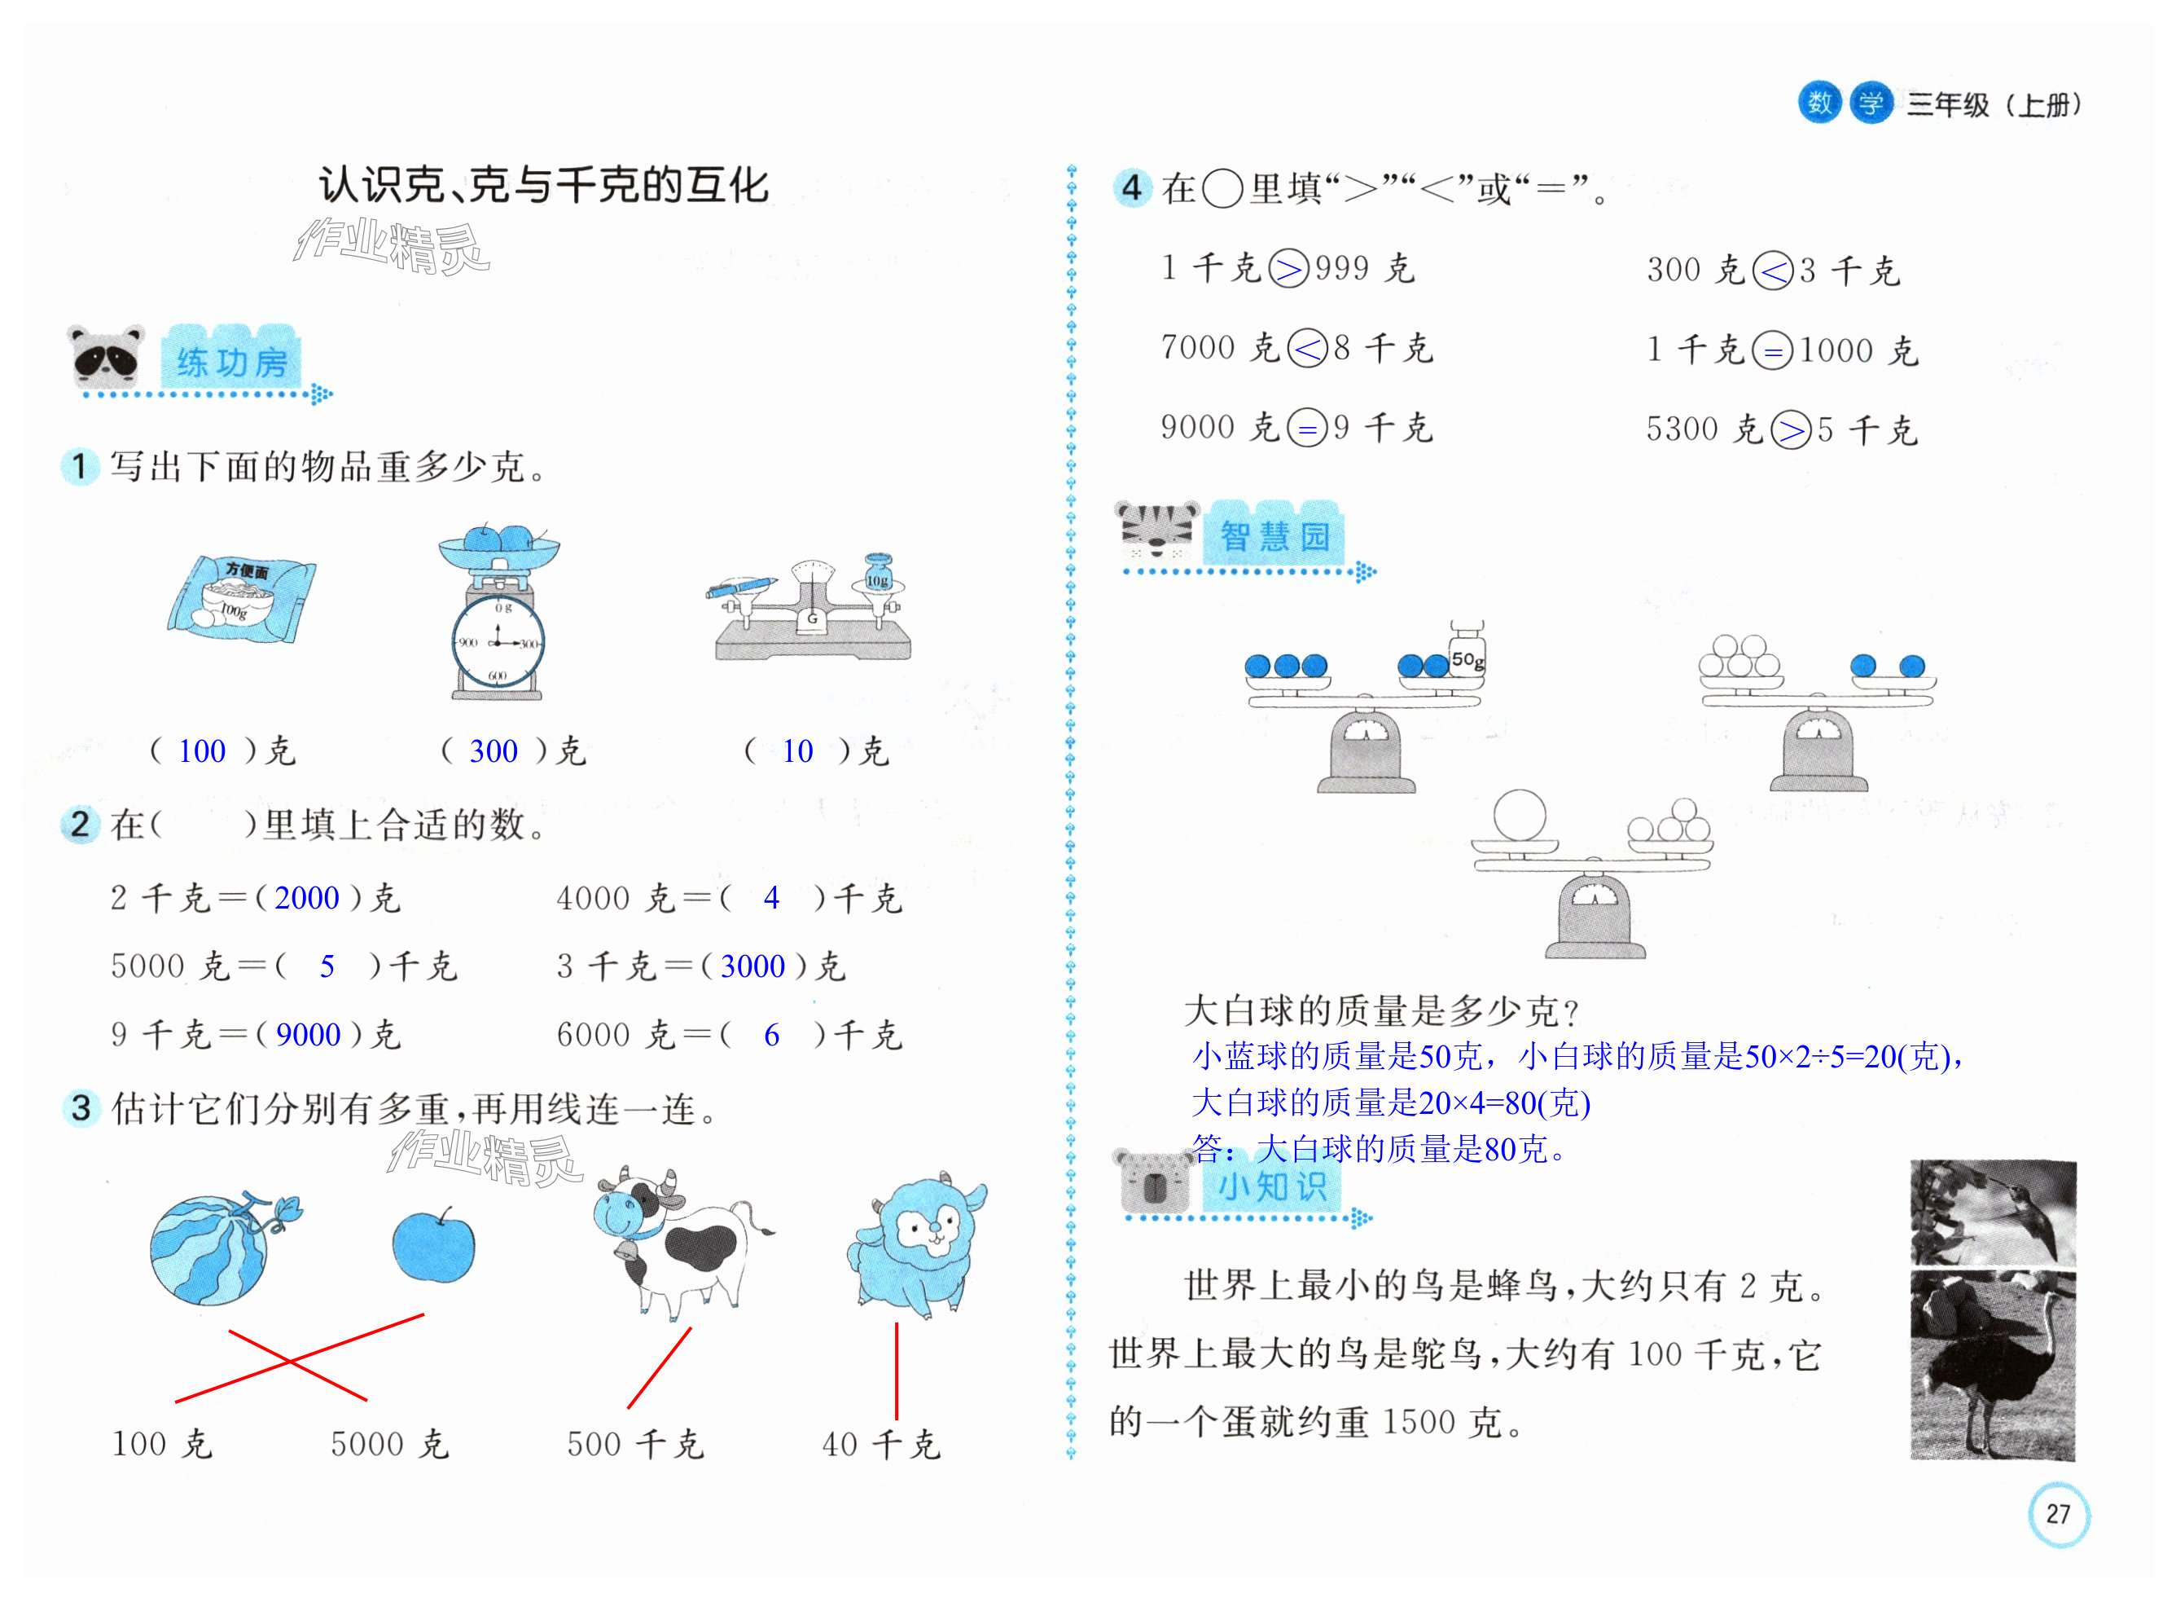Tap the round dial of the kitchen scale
pyautogui.click(x=498, y=642)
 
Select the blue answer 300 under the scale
pyautogui.click(x=494, y=750)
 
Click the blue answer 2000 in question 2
pyautogui.click(x=306, y=898)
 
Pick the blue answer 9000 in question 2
pyautogui.click(x=307, y=1035)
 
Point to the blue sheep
pyautogui.click(x=916, y=1245)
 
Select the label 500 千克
pyautogui.click(x=635, y=1444)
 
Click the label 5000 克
pyautogui.click(x=389, y=1444)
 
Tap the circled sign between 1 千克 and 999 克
pyautogui.click(x=1288, y=269)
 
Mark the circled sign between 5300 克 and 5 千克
pyautogui.click(x=1790, y=429)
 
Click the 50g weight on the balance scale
pyautogui.click(x=1467, y=653)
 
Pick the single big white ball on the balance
pyautogui.click(x=1519, y=815)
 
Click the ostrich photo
pyautogui.click(x=1992, y=1366)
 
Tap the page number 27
pyautogui.click(x=2057, y=1514)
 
